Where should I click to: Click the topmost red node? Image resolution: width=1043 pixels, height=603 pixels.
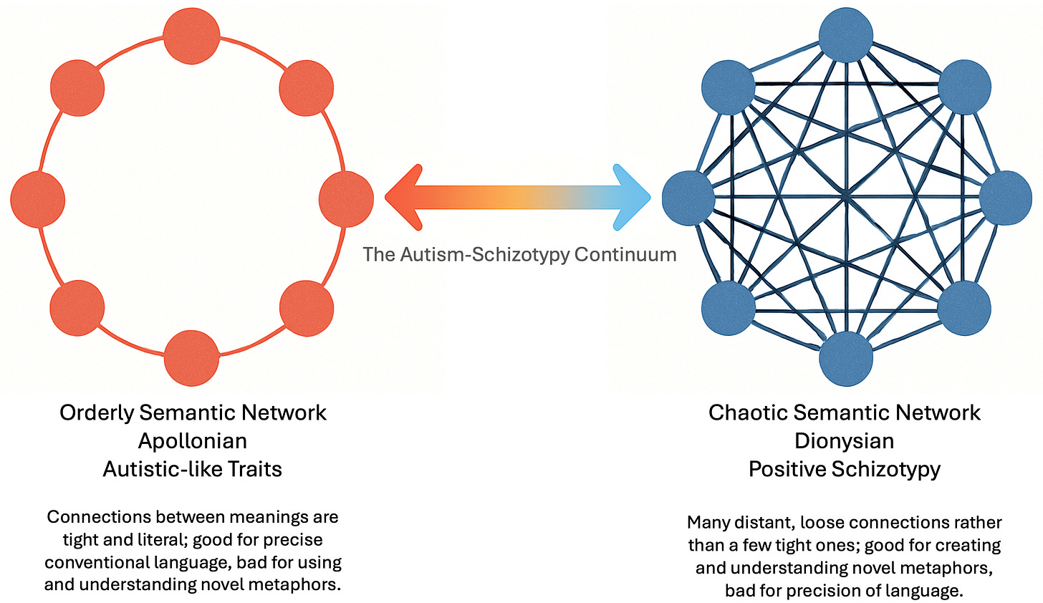191,36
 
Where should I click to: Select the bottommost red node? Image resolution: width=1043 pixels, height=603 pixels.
191,358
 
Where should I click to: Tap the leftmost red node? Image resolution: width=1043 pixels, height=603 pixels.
38,199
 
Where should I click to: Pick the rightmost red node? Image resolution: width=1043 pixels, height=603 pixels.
346,199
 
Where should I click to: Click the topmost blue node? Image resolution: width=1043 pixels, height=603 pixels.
845,35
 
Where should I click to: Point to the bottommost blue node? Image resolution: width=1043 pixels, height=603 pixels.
845,359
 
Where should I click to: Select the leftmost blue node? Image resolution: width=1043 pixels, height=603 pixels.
688,198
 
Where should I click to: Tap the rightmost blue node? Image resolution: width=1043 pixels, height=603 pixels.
1006,198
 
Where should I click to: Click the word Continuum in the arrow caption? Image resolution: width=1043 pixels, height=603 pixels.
625,255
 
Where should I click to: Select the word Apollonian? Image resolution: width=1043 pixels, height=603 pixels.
192,441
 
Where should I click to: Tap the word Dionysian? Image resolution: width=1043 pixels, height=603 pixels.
844,441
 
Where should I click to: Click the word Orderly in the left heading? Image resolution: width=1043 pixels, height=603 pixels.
97,413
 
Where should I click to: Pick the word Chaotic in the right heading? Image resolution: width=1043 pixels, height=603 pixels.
748,413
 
